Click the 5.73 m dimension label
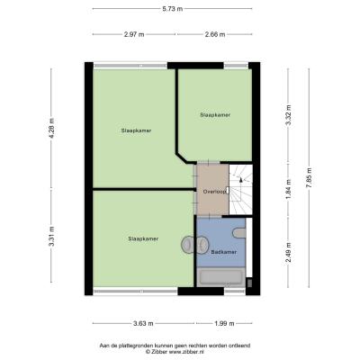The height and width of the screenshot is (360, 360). tap(173, 9)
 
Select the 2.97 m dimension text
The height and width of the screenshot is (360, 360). tap(134, 34)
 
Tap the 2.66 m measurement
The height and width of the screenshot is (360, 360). tap(215, 34)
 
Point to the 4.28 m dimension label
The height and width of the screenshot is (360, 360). tap(52, 128)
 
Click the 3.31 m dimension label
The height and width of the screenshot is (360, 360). tap(52, 236)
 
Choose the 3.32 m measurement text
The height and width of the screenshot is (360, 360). tap(289, 115)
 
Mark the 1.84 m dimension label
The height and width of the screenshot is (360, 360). tap(289, 189)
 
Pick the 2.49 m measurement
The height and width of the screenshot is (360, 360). tap(289, 252)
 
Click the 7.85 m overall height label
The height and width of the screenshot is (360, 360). tap(309, 177)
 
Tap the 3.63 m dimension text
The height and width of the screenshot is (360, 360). tap(143, 323)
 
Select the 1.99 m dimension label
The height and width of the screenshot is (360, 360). tap(224, 323)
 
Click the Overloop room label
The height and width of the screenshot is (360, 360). tap(214, 192)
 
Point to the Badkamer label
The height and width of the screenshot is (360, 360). tap(223, 252)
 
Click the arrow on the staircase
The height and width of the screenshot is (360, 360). tap(240, 179)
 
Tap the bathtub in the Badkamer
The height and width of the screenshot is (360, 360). tap(221, 277)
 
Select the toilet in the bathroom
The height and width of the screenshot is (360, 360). tap(239, 232)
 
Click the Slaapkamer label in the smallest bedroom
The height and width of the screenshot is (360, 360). tap(215, 115)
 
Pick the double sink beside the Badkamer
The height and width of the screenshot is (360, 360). tap(194, 244)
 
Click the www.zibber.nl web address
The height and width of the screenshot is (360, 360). tap(186, 352)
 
